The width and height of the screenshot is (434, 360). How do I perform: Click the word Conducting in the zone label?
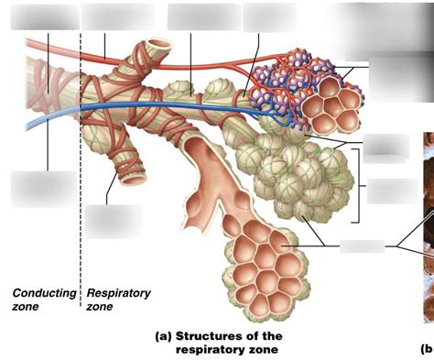[x=44, y=293]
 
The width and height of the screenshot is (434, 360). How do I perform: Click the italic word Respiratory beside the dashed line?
[x=118, y=293]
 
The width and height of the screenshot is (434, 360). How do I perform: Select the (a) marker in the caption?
[x=164, y=336]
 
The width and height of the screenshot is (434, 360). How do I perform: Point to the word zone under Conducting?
[x=26, y=307]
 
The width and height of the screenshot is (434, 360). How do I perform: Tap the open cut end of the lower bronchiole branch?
[x=134, y=180]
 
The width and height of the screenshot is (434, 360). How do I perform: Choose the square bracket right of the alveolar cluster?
[x=357, y=186]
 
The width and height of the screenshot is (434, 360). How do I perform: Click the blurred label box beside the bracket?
[x=392, y=191]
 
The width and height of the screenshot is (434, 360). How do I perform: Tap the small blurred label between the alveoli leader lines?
[x=363, y=246]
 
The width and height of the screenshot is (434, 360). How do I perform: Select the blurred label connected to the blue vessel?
[x=43, y=189]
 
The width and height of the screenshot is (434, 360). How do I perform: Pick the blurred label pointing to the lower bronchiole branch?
[x=114, y=222]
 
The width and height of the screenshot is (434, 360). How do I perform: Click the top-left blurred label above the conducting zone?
[x=45, y=17]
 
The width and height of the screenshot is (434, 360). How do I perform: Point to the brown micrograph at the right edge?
[x=429, y=227]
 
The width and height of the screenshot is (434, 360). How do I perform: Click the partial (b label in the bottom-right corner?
[x=428, y=349]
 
